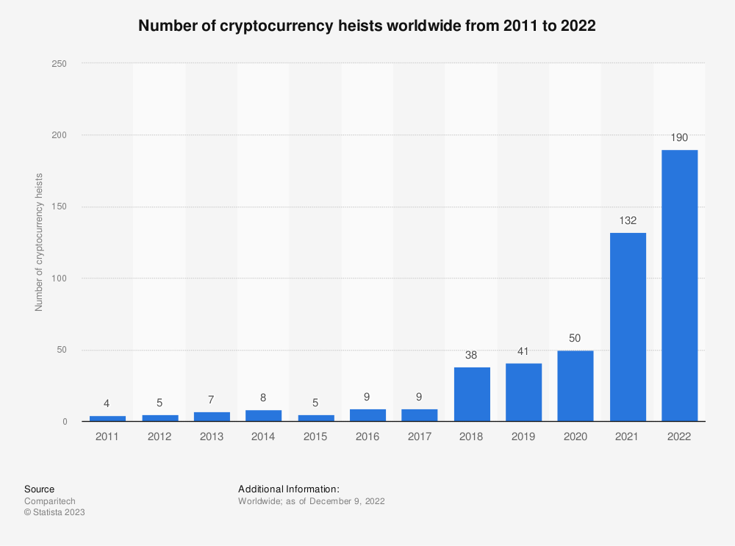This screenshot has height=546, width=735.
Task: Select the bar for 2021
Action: pos(628,327)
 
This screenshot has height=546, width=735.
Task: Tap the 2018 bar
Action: pos(472,394)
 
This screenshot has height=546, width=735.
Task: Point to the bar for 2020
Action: pos(576,386)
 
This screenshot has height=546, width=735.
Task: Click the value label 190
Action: pos(679,137)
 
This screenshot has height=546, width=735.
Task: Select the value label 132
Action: pos(628,220)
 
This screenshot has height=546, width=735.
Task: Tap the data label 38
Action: pos(472,354)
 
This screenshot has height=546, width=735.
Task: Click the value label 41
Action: pos(524,351)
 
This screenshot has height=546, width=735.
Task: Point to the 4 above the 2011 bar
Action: pos(108,403)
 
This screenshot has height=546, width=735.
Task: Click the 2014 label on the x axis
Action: pos(264,436)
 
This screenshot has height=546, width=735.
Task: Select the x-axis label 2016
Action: pos(367,436)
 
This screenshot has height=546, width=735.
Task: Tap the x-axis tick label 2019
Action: pos(524,436)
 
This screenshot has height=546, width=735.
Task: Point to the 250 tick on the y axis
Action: pos(60,64)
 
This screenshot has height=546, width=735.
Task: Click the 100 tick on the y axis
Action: pos(60,279)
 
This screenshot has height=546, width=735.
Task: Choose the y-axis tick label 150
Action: pos(60,207)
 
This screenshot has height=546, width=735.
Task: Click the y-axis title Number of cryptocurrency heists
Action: pos(39,243)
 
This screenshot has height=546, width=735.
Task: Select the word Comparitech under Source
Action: pos(50,501)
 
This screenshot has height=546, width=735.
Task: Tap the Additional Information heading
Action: pos(289,489)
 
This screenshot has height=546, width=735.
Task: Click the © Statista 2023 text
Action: pos(54,512)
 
